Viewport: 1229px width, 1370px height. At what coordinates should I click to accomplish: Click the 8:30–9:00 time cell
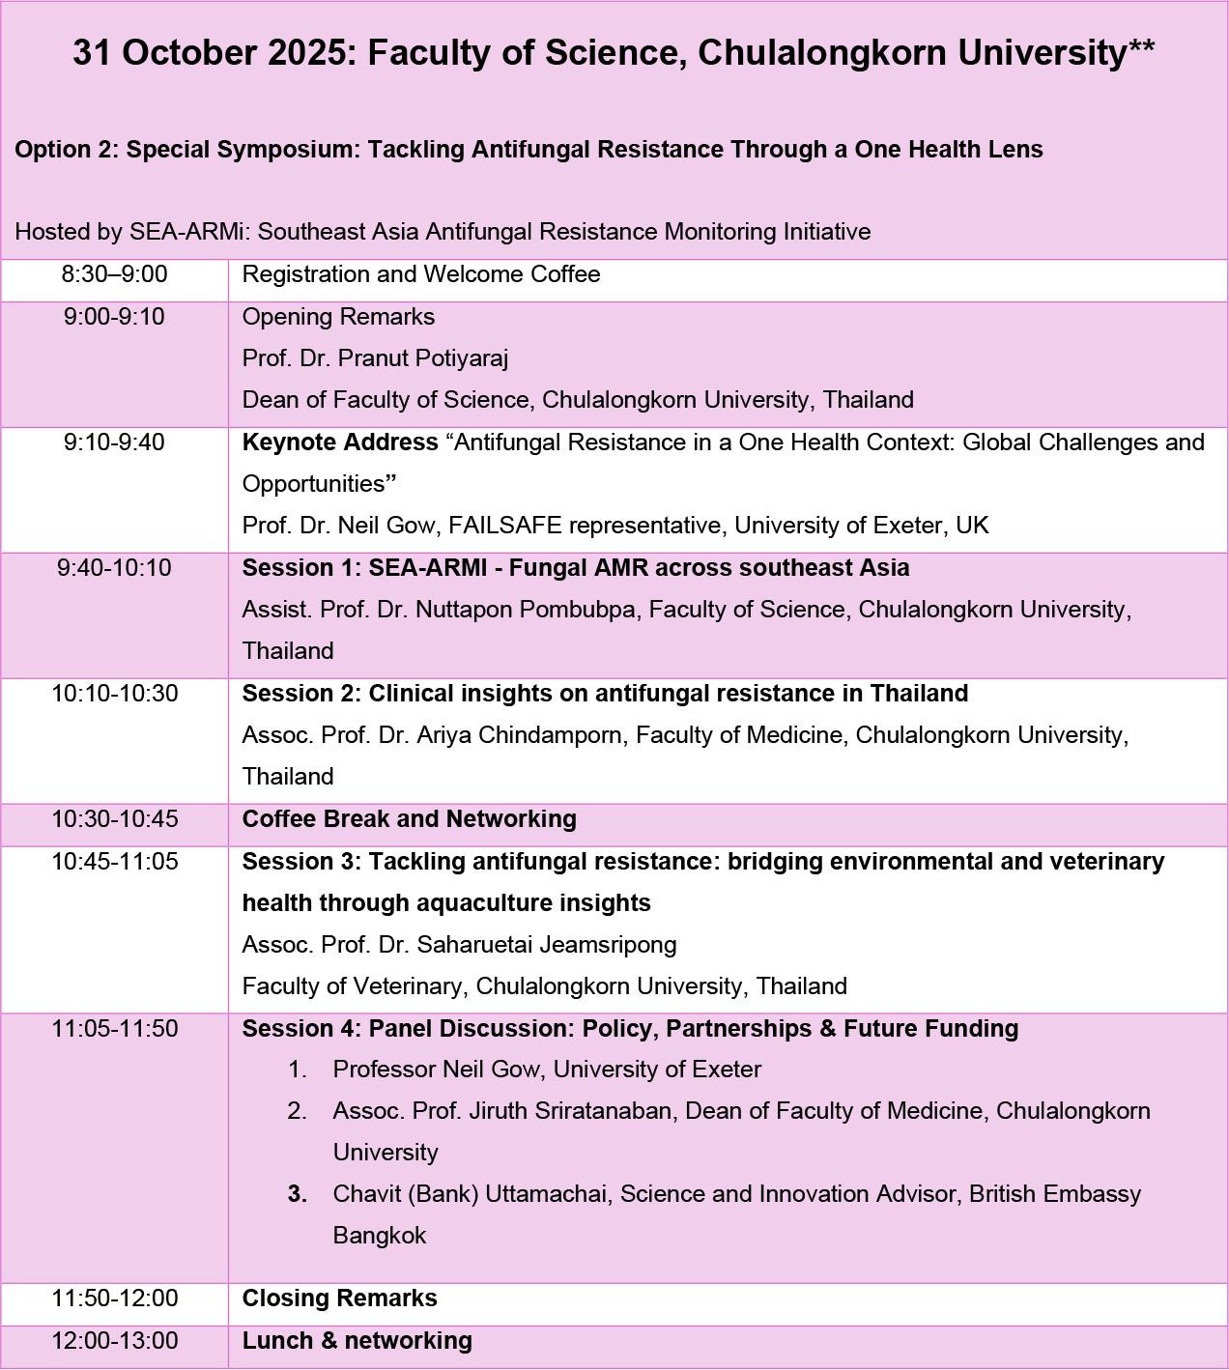(115, 274)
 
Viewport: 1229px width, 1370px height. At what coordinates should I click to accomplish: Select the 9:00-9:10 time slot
(115, 317)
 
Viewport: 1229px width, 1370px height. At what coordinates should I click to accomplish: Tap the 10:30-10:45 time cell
(115, 819)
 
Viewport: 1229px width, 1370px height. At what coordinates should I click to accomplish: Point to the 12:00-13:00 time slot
(115, 1341)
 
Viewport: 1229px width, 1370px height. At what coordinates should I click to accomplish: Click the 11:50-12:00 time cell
(115, 1299)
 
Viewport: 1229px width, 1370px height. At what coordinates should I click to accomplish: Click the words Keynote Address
(340, 442)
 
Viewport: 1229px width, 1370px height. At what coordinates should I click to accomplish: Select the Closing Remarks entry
(340, 1299)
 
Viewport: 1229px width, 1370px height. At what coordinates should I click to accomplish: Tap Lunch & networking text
(357, 1341)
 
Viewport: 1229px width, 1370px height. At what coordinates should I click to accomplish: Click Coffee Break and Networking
(410, 819)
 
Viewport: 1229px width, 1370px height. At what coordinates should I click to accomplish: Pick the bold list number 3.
(298, 1194)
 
